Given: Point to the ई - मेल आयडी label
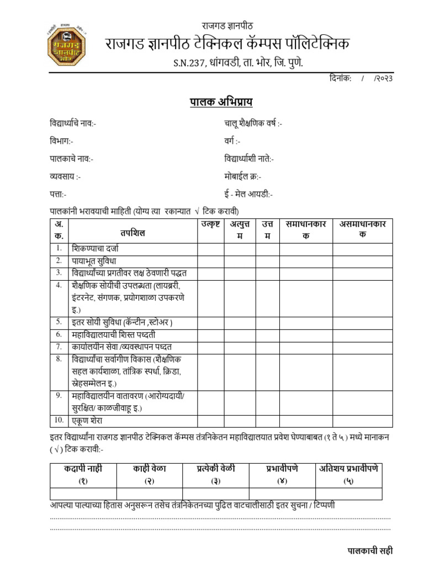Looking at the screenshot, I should coord(248,194).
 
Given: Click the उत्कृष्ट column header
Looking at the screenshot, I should coord(210,224).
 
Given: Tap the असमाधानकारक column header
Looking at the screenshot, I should coord(362,229).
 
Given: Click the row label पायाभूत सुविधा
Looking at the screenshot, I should coord(93,260).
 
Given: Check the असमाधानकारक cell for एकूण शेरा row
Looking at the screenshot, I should coord(362,421).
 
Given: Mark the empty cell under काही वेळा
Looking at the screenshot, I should coord(149,493).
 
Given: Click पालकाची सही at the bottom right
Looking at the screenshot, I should coord(370,551).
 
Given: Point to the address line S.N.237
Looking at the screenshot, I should coord(238,64).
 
